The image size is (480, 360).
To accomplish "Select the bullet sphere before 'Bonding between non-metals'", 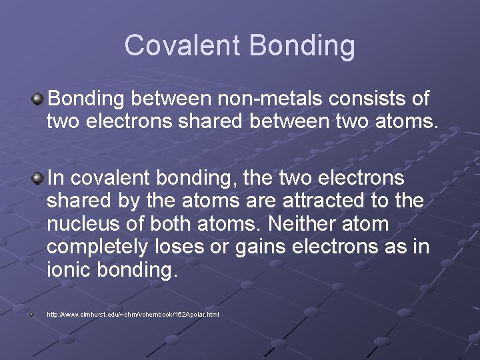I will click(38, 100).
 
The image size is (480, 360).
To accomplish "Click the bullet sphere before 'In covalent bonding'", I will click(38, 178).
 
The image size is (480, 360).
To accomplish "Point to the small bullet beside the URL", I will click(31, 314).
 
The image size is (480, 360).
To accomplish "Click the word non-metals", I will click(217, 99).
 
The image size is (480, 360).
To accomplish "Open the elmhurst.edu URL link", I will click(133, 314).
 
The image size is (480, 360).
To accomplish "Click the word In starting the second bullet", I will click(56, 178).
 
